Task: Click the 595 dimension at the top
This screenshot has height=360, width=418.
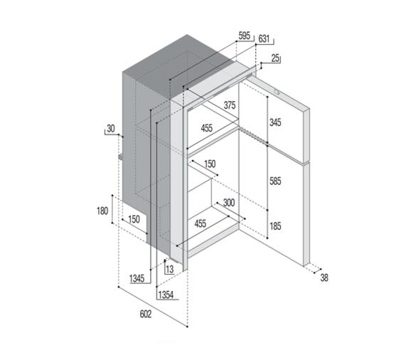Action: (x=244, y=36)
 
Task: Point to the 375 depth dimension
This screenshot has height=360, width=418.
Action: (x=230, y=105)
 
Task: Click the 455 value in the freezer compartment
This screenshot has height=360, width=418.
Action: (x=206, y=128)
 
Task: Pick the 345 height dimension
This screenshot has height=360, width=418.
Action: (x=276, y=122)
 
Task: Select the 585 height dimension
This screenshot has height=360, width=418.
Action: (x=276, y=181)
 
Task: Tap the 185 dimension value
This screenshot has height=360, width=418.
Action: (x=276, y=227)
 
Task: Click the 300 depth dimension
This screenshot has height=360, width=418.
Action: (x=229, y=203)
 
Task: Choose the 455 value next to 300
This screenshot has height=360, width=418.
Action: (x=200, y=223)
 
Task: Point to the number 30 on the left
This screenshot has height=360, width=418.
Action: (x=110, y=129)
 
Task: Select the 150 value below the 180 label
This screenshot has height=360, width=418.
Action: (x=134, y=219)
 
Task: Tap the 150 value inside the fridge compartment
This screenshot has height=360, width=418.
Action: (x=210, y=164)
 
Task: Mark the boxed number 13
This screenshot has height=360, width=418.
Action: (x=169, y=268)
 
